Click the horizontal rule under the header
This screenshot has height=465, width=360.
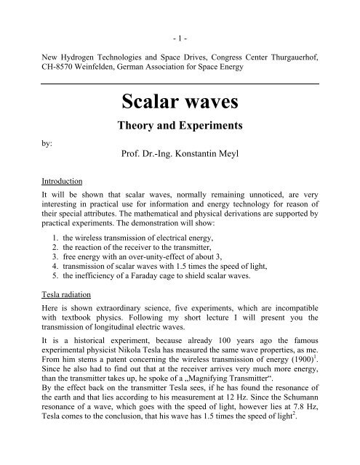point(179,84)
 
